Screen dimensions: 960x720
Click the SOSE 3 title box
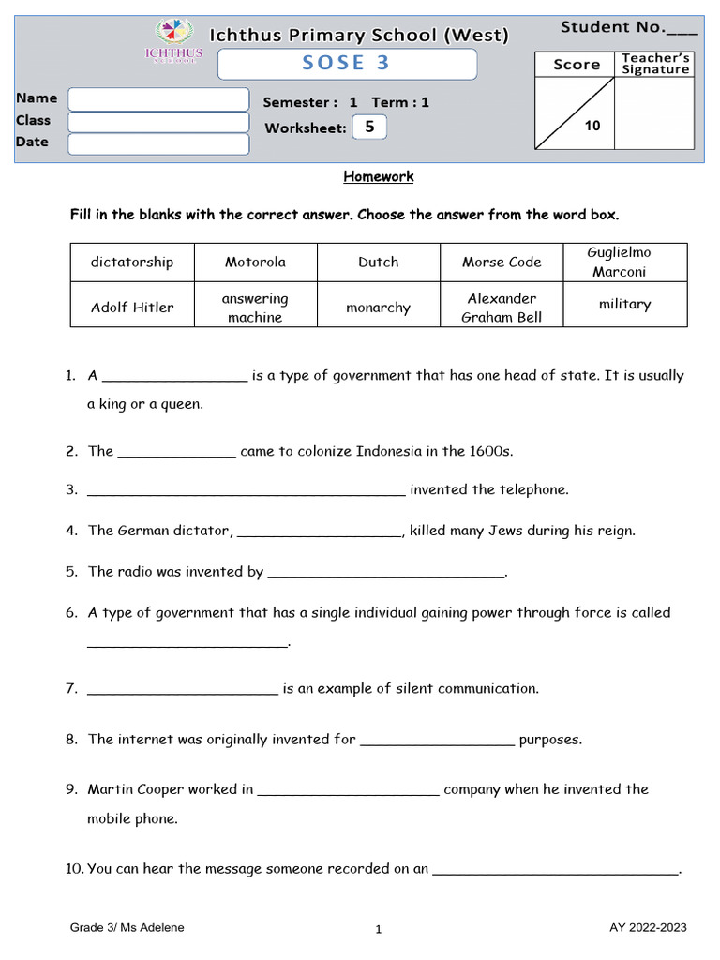(347, 64)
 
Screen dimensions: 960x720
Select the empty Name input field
(158, 99)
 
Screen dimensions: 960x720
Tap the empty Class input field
(158, 122)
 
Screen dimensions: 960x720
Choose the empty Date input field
(158, 143)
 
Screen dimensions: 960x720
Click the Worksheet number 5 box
(368, 127)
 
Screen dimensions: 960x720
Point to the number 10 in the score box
(592, 126)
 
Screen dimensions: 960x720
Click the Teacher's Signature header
(654, 64)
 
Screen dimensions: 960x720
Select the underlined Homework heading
(378, 176)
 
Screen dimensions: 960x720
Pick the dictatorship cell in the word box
(132, 262)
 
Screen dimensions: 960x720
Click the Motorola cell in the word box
(255, 262)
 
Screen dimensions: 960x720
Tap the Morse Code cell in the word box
(502, 262)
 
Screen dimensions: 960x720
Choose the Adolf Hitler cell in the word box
(132, 307)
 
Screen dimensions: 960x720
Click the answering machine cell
(255, 307)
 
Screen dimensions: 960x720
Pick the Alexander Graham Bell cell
(502, 307)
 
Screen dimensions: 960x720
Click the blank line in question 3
(246, 490)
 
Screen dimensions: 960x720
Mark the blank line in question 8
(437, 741)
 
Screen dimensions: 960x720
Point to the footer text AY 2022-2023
(648, 928)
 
